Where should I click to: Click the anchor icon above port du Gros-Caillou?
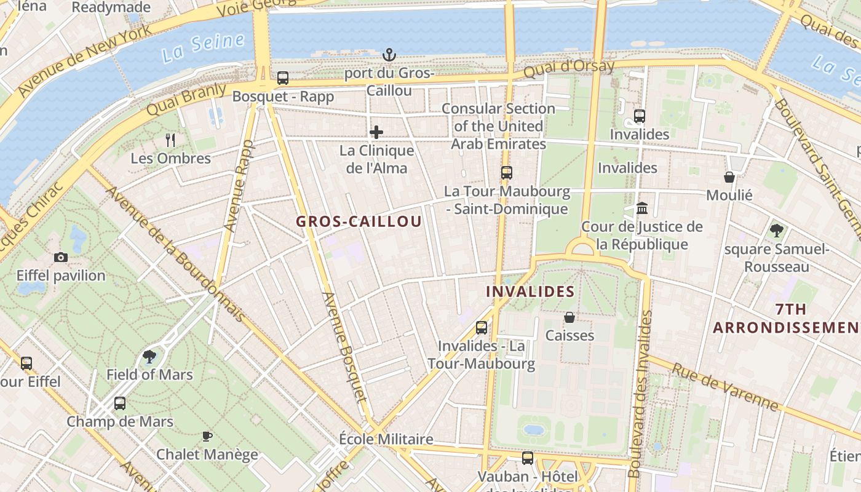389,55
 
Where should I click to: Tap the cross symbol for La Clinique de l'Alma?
376,132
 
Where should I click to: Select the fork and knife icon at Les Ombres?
171,140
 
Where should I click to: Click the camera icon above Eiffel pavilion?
61,257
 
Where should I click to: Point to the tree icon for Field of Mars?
149,356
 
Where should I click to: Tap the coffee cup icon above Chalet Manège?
207,436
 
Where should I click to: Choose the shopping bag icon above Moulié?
729,177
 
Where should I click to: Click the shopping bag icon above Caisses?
569,317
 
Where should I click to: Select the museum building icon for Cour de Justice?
642,208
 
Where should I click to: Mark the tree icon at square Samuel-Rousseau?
777,231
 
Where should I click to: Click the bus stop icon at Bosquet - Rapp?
283,78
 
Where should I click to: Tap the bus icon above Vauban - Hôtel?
528,458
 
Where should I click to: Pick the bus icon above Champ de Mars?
120,403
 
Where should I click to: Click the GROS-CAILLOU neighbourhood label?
359,221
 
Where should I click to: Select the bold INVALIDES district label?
530,292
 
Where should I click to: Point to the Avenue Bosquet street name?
344,347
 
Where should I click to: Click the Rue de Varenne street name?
726,387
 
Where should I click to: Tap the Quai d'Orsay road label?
569,68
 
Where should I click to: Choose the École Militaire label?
386,439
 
